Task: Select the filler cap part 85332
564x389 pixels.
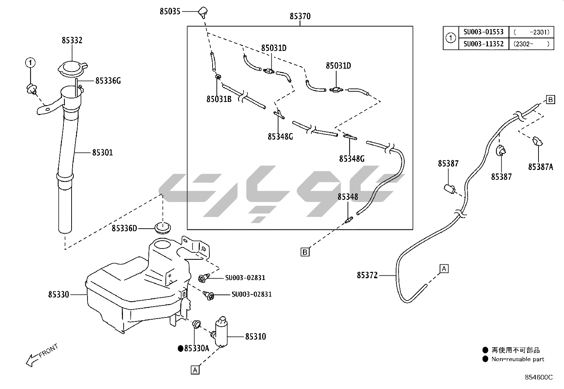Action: [73, 68]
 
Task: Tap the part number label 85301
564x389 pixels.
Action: [102, 153]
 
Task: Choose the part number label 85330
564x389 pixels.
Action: [58, 294]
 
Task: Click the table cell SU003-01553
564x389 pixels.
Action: [483, 32]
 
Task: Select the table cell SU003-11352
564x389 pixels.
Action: [483, 44]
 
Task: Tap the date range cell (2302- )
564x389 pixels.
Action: [531, 44]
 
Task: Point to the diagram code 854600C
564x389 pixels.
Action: [538, 377]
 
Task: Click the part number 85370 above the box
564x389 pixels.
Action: [300, 16]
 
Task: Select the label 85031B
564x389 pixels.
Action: [219, 99]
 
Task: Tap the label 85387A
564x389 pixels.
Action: [540, 167]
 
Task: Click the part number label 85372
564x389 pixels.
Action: [367, 275]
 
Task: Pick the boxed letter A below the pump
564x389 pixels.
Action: [195, 370]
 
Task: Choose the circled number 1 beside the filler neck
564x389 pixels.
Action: [30, 63]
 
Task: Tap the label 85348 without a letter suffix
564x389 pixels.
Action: [348, 197]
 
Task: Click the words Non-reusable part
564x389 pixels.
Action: [518, 359]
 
